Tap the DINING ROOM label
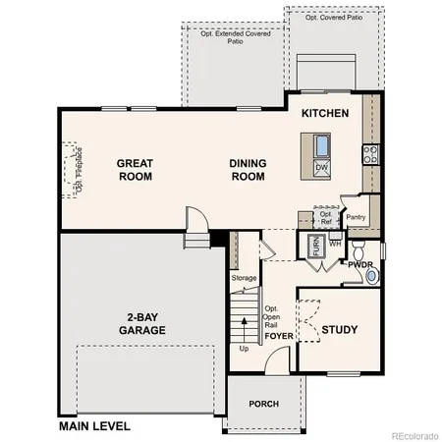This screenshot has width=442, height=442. point(248,170)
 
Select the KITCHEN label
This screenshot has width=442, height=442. point(325,114)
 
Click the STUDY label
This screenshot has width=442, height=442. point(340,330)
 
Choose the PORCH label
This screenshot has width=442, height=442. point(263,404)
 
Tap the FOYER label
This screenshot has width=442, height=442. point(279,335)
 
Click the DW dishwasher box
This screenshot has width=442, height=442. point(321,168)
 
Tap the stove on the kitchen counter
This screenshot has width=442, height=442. point(371,153)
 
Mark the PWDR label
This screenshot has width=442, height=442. point(360,265)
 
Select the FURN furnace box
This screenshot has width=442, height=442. point(316,246)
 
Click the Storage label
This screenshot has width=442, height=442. point(244,278)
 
